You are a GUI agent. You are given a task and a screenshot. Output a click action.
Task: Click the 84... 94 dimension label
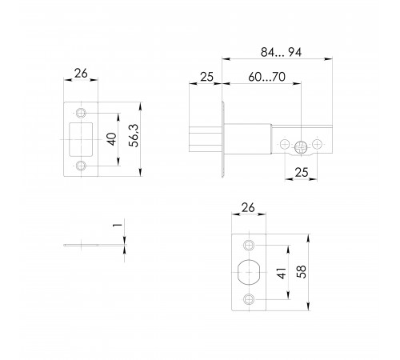click(281, 52)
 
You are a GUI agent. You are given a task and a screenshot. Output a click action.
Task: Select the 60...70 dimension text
click(266, 77)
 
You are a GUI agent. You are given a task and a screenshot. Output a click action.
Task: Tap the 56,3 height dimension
click(134, 135)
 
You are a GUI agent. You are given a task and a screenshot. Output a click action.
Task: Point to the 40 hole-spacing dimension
click(112, 139)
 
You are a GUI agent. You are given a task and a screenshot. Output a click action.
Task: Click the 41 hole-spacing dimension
click(282, 273)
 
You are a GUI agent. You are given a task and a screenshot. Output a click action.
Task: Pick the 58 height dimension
click(302, 272)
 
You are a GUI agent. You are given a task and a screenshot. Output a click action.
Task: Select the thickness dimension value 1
click(118, 225)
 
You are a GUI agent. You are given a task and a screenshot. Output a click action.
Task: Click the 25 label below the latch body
click(302, 173)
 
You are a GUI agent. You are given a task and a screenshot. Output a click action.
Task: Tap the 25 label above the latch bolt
click(206, 77)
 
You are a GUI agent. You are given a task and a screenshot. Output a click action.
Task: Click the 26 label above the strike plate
click(81, 74)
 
